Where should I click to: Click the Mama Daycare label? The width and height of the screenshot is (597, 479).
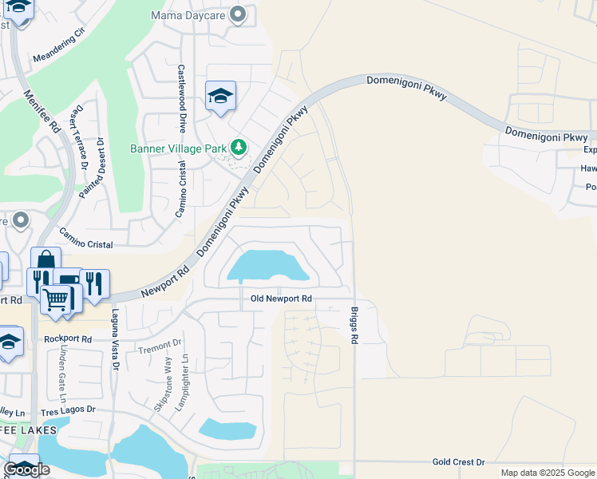tap(188, 15)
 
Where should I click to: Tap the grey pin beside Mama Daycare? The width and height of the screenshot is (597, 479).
tap(237, 14)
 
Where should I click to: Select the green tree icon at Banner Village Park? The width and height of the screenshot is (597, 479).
tap(238, 147)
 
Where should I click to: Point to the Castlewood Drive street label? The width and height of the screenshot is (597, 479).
tap(182, 99)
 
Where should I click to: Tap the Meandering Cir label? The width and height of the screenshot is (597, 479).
tap(58, 47)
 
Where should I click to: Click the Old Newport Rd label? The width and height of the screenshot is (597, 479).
tap(279, 299)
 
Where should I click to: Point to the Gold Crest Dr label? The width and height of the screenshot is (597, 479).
tap(458, 462)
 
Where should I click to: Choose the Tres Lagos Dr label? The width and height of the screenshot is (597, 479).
tap(68, 410)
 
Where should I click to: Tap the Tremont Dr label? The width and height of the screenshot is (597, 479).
tap(160, 346)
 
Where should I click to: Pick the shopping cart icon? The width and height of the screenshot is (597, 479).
tap(55, 299)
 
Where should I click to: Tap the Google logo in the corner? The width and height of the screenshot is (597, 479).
tap(26, 469)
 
